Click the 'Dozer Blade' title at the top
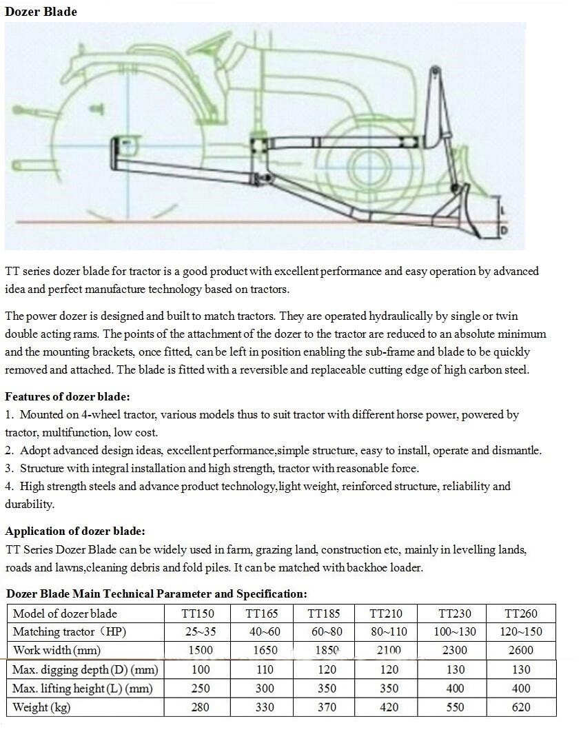41,12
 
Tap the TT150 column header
197,613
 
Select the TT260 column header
521,613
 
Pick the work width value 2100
385,650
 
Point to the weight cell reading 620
521,707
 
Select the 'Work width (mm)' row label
55,650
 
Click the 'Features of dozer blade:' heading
68,396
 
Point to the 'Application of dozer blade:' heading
75,531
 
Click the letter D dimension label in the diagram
504,229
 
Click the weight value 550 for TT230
454,707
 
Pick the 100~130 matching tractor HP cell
454,631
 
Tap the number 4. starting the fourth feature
10,486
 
